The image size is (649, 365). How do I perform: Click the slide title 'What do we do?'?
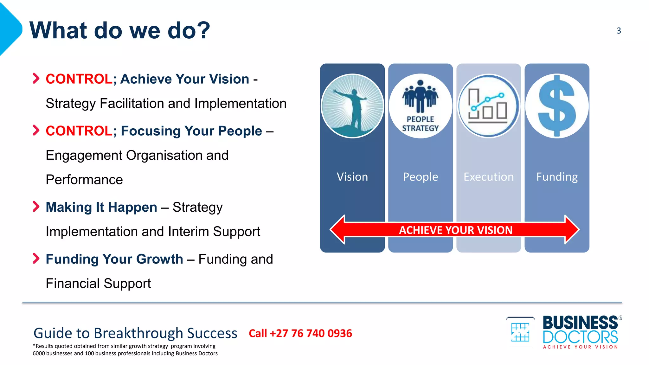119,30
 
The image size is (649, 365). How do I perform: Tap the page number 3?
619,31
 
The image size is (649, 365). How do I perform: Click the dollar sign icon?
557,106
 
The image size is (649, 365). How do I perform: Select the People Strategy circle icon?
421,106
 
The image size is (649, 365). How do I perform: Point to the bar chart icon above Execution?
488,106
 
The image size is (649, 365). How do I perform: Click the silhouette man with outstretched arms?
353,106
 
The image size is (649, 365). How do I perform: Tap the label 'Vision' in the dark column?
352,177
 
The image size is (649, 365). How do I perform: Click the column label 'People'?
421,177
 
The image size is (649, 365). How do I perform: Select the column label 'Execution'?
489,177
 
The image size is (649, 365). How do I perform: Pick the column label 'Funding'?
557,177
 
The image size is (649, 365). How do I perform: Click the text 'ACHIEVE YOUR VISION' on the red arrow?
455,230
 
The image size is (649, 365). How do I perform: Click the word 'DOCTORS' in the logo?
580,337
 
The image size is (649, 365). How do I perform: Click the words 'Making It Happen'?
101,207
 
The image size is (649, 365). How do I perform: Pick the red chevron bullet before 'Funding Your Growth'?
36,259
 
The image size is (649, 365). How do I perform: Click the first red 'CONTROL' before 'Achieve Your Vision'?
79,79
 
